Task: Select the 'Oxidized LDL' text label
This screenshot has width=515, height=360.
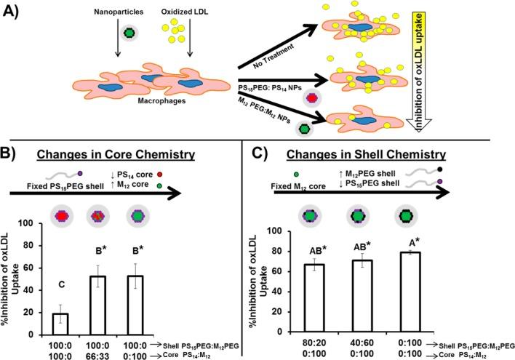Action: (x=172, y=12)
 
